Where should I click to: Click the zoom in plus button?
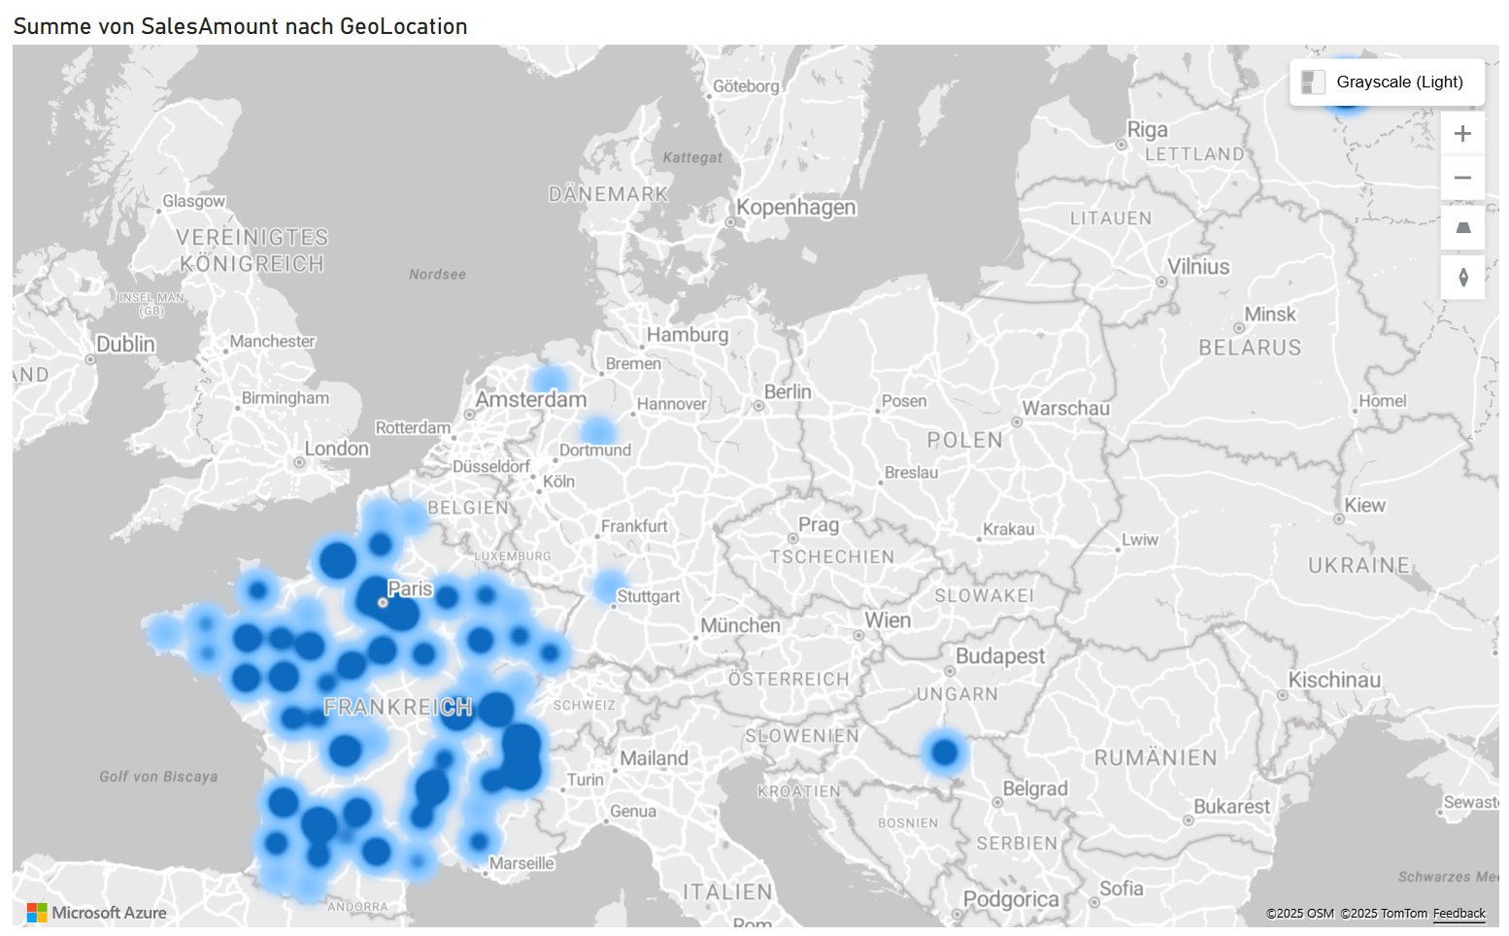(x=1462, y=134)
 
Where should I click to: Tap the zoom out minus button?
(x=1462, y=179)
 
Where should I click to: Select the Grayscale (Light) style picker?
(x=1387, y=83)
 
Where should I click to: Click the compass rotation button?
(x=1462, y=278)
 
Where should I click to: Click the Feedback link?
(x=1459, y=914)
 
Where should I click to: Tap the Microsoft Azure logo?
(x=97, y=913)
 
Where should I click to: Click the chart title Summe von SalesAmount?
(x=240, y=26)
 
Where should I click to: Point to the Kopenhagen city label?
(x=795, y=208)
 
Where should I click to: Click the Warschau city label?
(x=1065, y=409)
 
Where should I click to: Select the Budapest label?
(x=999, y=656)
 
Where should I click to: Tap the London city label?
(x=337, y=449)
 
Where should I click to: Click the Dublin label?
(x=125, y=345)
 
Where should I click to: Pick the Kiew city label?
(x=1364, y=506)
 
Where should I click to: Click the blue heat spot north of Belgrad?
(x=944, y=752)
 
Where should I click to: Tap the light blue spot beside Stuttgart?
(x=609, y=585)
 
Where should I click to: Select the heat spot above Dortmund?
(x=597, y=430)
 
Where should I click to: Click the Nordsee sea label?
(x=437, y=275)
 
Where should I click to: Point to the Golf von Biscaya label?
(x=158, y=777)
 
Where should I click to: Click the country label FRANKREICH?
(x=398, y=707)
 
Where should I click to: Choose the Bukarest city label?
(x=1231, y=807)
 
